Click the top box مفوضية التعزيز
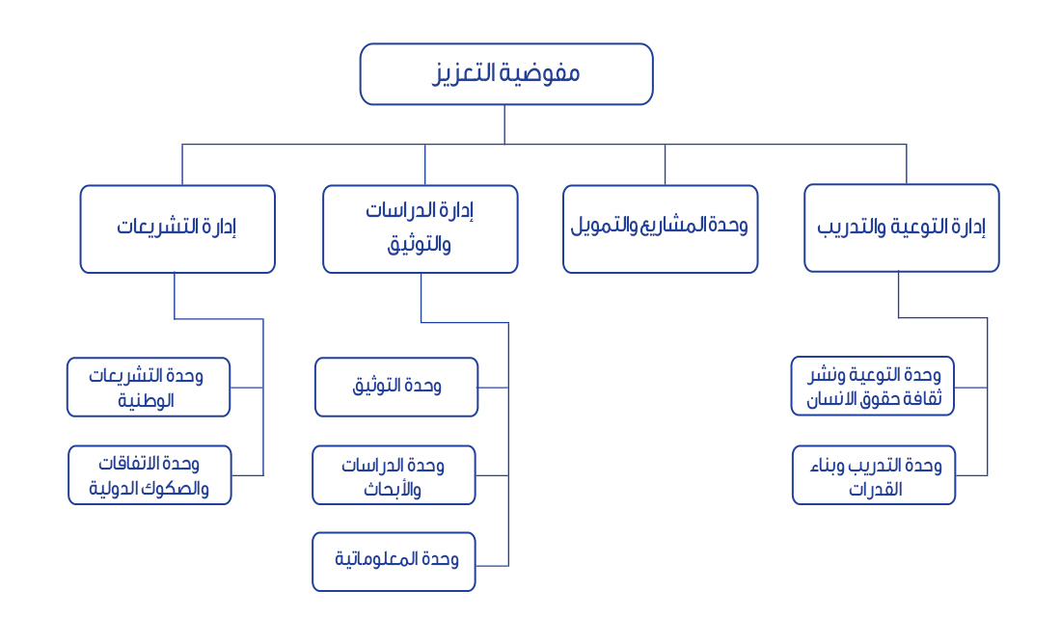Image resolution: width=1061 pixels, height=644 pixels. [506, 74]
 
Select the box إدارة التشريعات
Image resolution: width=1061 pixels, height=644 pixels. [177, 229]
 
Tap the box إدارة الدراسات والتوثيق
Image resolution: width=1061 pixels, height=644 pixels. [421, 229]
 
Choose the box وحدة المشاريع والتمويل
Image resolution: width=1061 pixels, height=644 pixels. [661, 229]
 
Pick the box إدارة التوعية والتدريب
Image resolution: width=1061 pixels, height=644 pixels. [901, 228]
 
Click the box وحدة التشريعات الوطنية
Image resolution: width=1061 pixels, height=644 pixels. [149, 388]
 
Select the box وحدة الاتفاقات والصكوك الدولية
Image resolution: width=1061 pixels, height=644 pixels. [150, 475]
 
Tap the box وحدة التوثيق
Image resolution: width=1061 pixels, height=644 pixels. [396, 388]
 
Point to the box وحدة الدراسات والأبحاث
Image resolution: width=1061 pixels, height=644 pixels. [394, 475]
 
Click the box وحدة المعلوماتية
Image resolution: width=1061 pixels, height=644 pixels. [394, 562]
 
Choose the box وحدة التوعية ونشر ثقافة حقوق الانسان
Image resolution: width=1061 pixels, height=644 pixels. [873, 387]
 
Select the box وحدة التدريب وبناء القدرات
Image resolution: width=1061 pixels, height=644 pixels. [874, 475]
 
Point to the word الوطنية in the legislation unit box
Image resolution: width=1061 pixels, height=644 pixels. [147, 400]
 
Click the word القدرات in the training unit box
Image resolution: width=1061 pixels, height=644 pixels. [876, 489]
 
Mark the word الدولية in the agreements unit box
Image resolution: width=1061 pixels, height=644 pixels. [114, 489]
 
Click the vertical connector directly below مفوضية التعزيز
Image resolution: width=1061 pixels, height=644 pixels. [504, 124]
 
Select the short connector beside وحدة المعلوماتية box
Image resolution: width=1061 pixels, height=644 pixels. [492, 566]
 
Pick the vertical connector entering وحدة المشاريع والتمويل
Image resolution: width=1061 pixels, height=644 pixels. [666, 165]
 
